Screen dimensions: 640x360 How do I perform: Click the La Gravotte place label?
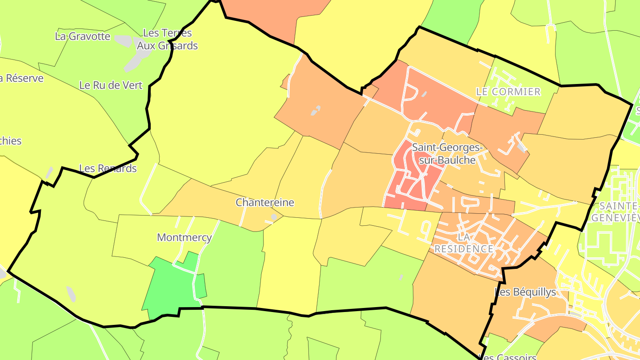point(83,36)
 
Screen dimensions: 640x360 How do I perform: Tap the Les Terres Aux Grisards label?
point(167,39)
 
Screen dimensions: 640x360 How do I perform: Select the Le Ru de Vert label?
point(111,85)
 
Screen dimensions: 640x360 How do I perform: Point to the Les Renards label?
point(108,168)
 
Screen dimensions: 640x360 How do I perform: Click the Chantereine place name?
point(265,203)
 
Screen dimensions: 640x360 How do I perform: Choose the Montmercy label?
point(184,237)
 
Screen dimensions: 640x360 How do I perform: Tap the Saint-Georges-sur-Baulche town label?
point(447,153)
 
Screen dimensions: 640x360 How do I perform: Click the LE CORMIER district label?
point(508,92)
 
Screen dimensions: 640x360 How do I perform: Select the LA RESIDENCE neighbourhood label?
point(464,243)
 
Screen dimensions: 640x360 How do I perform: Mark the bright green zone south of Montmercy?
point(171,287)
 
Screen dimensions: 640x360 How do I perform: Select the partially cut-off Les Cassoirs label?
point(509,357)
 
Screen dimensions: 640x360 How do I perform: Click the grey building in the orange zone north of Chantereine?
point(316,110)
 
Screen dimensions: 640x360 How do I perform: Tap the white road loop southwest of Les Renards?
point(147,191)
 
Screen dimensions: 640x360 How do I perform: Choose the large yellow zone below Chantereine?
point(289,262)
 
